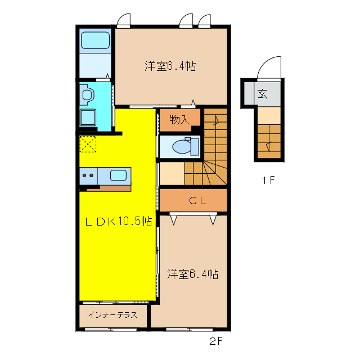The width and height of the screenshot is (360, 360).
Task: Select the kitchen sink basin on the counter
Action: tap(118, 175)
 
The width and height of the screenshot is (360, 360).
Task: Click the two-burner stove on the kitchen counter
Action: tap(88, 175)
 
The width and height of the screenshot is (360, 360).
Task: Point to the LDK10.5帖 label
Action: tap(118, 221)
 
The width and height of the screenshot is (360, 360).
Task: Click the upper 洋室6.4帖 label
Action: tap(170, 66)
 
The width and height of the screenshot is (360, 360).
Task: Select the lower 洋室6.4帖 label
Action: tap(192, 274)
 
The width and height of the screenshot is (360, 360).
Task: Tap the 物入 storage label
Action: tap(178, 119)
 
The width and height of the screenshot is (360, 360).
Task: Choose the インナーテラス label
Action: tap(112, 316)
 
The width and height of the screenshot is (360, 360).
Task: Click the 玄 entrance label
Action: tap(262, 93)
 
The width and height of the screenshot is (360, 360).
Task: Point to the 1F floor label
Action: tap(267, 181)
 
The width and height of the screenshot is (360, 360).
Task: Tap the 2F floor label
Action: tap(217, 341)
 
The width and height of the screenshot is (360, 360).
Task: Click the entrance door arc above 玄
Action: tap(269, 69)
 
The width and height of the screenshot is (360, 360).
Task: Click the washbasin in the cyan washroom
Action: tap(87, 94)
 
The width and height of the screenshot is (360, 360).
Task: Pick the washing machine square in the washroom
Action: tap(88, 118)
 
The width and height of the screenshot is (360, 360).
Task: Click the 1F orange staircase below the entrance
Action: tap(268, 141)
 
